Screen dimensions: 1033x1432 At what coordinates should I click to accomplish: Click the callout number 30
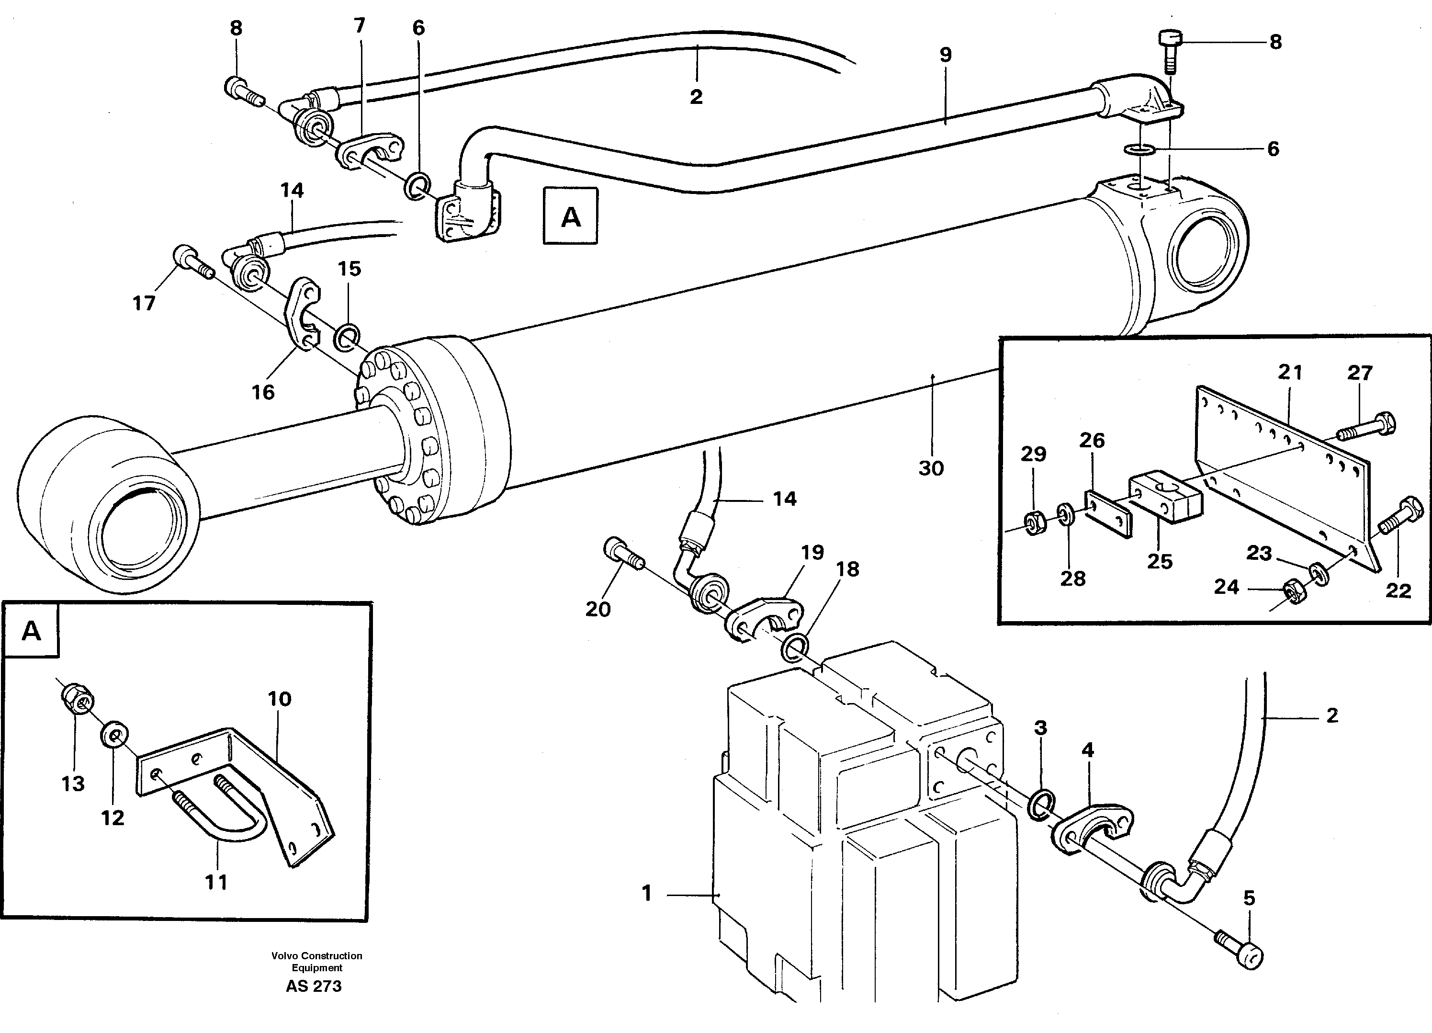[931, 468]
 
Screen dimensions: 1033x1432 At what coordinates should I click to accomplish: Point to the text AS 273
[313, 986]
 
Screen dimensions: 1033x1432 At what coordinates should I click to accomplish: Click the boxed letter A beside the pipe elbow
[570, 216]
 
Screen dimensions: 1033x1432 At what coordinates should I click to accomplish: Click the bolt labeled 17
[192, 261]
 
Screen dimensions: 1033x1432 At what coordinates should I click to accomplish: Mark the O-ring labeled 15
[347, 338]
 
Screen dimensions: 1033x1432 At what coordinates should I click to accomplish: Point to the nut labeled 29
[1034, 523]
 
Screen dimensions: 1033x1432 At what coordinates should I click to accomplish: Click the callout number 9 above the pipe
[945, 55]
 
